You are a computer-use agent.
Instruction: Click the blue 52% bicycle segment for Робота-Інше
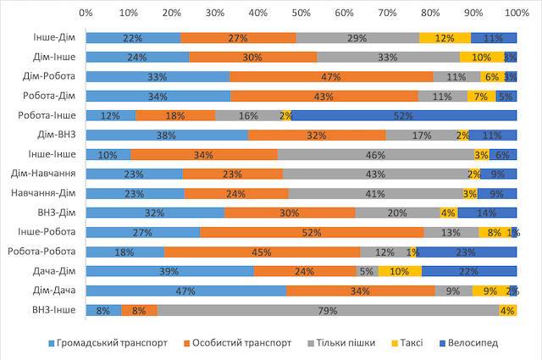[404, 115]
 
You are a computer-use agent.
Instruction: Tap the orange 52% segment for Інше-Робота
[312, 232]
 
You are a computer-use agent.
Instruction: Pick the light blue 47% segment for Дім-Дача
[186, 291]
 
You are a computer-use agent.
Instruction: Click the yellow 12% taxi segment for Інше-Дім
[445, 38]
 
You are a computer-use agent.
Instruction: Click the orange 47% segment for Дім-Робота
[331, 76]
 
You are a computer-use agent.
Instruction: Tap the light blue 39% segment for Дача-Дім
[169, 271]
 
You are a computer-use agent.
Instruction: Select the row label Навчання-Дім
[48, 193]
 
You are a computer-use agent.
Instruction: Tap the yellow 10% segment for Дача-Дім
[400, 271]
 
